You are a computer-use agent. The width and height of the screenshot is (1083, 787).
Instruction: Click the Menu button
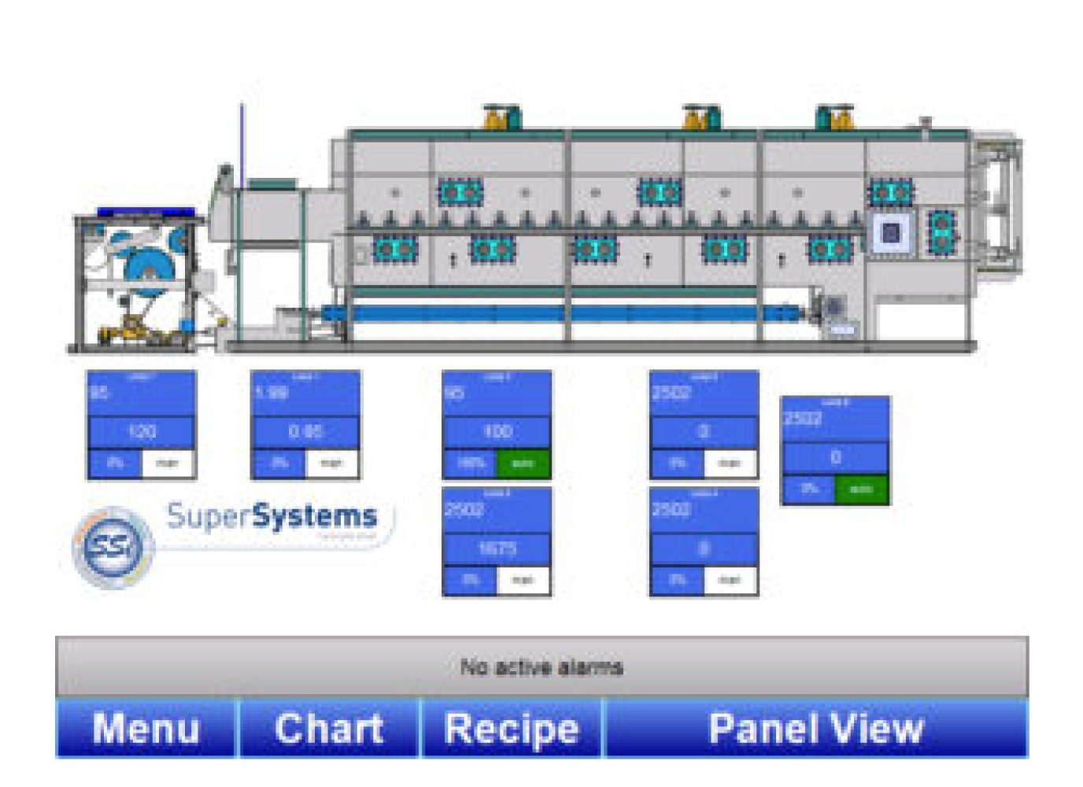(x=146, y=728)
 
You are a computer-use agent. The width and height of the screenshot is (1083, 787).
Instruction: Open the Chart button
(x=329, y=728)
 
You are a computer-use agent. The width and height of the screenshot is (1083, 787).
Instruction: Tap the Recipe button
(x=512, y=728)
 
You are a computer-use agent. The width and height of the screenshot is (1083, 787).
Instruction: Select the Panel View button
(x=815, y=728)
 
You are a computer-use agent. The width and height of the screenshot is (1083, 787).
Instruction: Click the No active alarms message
(x=541, y=667)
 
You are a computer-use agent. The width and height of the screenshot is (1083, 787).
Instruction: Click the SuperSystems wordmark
(x=272, y=517)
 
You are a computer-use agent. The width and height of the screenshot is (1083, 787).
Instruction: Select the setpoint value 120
(x=142, y=431)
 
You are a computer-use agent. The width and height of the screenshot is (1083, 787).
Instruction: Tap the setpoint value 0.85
(x=305, y=431)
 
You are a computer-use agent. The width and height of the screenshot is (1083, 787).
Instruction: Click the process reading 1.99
(x=272, y=392)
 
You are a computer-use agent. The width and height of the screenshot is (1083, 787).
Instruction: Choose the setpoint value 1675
(x=497, y=549)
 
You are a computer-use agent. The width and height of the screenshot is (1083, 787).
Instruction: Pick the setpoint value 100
(x=497, y=431)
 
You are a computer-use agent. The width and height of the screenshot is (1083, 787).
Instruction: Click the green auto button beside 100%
(x=523, y=464)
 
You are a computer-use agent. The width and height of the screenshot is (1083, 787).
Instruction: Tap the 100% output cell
(x=471, y=464)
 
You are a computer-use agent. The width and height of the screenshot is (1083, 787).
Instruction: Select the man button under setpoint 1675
(x=523, y=581)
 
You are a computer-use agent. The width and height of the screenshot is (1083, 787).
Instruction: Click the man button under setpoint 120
(x=168, y=464)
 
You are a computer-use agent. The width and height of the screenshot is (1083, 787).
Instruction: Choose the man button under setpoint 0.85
(x=331, y=464)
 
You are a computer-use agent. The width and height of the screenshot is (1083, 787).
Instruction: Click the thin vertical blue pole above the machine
(x=242, y=142)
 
